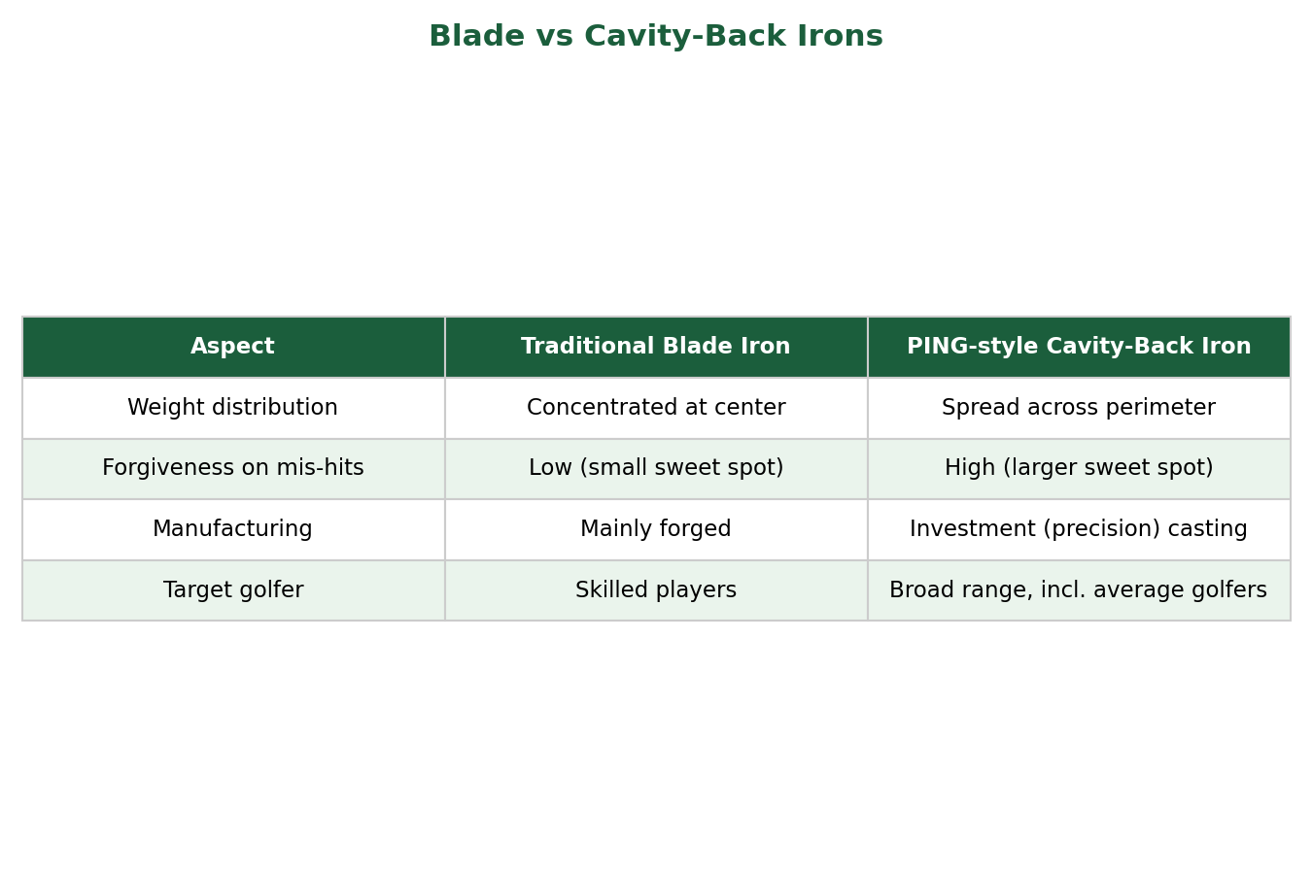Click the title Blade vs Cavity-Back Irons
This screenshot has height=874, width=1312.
(x=656, y=36)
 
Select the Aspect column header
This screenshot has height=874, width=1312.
(x=232, y=347)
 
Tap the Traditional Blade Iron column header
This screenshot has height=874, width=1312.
(x=655, y=347)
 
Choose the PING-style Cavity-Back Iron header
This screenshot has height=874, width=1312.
(x=1079, y=347)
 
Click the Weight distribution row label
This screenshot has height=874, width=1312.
(x=232, y=408)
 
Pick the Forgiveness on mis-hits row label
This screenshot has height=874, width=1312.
(x=232, y=468)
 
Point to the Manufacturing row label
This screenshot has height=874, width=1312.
(x=232, y=529)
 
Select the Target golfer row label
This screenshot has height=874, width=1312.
(x=233, y=590)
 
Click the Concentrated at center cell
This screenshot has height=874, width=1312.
(x=656, y=408)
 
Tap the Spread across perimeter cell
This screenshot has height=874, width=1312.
(x=1079, y=408)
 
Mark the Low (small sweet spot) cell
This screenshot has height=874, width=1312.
(x=656, y=468)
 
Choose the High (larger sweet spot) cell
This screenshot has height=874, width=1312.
(x=1079, y=468)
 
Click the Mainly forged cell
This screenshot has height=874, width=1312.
(x=656, y=529)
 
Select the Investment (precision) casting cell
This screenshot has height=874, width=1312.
(x=1079, y=529)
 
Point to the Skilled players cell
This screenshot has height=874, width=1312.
(x=656, y=590)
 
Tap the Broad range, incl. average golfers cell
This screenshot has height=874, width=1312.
(x=1079, y=590)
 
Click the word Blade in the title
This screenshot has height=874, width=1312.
(x=477, y=36)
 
